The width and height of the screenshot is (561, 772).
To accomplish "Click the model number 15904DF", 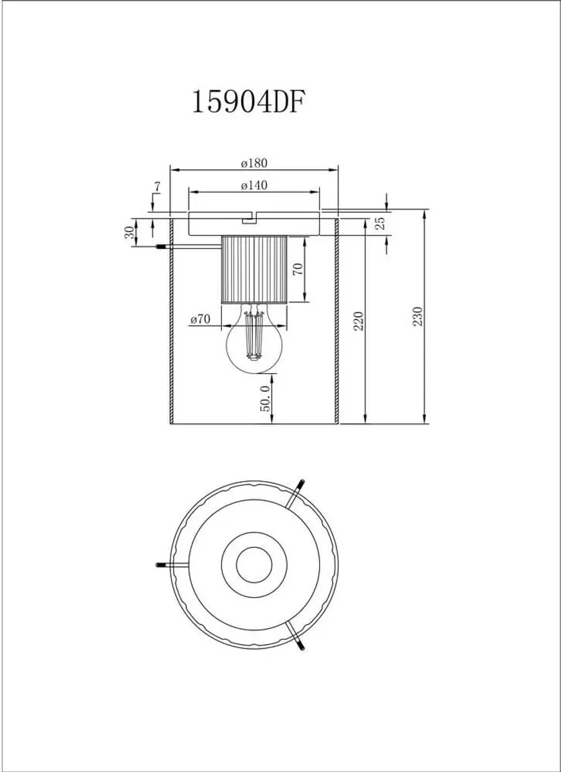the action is coord(248,102).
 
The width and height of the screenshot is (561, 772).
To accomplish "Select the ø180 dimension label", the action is coord(254,163).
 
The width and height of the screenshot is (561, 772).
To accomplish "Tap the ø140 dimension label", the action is coord(254,185).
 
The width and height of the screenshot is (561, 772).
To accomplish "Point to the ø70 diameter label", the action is coord(200,319).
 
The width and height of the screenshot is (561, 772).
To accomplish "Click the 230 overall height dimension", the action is coord(418,317).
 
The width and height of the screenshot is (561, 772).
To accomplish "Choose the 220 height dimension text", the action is coord(359,321).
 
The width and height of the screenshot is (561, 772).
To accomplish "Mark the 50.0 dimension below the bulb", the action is coord(264,399).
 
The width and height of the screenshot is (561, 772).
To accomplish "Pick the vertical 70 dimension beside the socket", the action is coord(299,268).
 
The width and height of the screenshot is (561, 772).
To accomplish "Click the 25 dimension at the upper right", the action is coord(380,224).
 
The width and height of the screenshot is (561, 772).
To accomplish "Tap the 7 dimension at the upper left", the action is coord(157,187).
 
